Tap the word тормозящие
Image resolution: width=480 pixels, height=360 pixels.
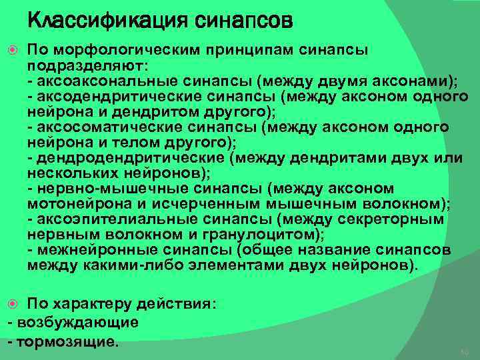click(x=67, y=341)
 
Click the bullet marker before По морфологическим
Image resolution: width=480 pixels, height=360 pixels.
click(x=13, y=51)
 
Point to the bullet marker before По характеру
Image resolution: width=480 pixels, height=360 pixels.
click(x=13, y=304)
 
